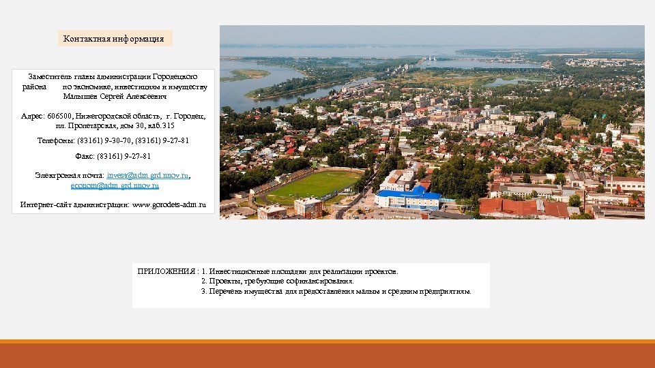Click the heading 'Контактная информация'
114,39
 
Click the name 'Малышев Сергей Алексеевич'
113,97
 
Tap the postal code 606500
60,117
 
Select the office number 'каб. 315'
160,126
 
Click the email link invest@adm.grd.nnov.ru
147,175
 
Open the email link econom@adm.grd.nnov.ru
114,185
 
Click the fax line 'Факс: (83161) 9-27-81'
113,156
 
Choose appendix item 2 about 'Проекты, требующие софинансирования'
277,281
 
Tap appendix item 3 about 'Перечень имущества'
336,291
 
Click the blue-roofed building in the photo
409,197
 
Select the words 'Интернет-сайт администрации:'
74,204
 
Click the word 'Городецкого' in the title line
175,77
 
